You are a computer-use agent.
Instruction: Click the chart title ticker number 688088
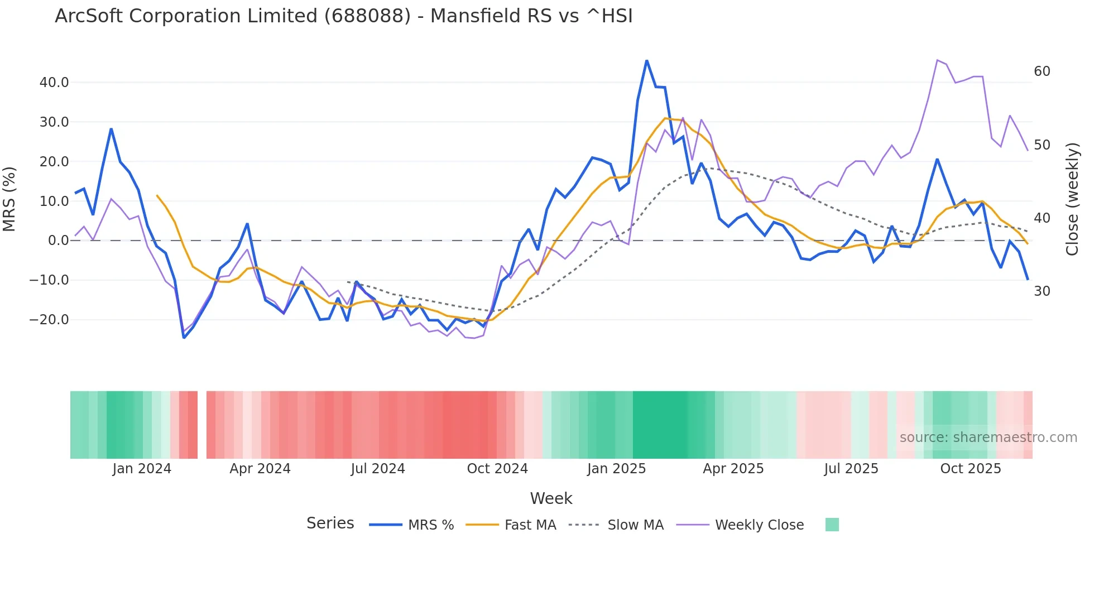coord(367,16)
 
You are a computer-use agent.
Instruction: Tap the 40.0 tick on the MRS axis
coord(54,83)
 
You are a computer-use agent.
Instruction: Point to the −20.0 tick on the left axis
coord(50,320)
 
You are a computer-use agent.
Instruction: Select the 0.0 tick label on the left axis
coord(58,241)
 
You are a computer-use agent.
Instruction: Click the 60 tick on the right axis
coord(1042,71)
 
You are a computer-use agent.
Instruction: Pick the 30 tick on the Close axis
coord(1042,291)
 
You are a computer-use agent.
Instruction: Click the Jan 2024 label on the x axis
coord(142,469)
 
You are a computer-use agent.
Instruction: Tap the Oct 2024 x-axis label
coord(497,469)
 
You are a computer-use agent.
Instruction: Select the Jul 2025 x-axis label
coord(851,469)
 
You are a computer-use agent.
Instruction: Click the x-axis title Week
coord(551,498)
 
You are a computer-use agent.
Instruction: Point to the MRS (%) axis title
coord(9,199)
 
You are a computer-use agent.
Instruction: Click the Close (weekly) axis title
coord(1072,199)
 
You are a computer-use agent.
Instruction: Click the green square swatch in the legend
coord(832,525)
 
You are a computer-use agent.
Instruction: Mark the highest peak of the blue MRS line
coord(647,61)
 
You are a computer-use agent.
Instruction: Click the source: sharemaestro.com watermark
coord(989,438)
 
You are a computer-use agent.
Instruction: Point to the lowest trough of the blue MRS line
coord(184,338)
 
